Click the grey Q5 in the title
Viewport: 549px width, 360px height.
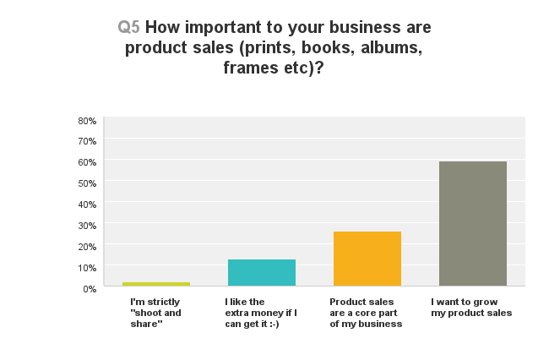coord(128,27)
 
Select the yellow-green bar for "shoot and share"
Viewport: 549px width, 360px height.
coord(156,284)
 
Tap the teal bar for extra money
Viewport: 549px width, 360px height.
coord(262,272)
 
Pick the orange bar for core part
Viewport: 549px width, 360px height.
coord(367,259)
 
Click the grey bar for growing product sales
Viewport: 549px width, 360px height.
coord(473,223)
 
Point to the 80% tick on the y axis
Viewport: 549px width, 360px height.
coord(87,121)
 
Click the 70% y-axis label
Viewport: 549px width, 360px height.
coord(87,141)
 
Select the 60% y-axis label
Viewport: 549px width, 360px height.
coord(87,162)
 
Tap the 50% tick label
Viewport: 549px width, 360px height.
coord(87,183)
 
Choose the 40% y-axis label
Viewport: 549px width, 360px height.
coord(87,205)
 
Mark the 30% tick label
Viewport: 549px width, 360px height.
coord(87,226)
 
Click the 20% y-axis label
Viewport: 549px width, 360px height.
coord(87,247)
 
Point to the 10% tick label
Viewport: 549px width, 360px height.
coord(87,268)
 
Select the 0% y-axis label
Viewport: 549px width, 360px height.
coord(90,289)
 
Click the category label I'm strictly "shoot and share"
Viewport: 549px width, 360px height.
coord(155,313)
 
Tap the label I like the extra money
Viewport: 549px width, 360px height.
coord(261,313)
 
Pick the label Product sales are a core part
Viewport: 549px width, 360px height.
coord(366,313)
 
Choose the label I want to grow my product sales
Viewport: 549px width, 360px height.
coord(471,307)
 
